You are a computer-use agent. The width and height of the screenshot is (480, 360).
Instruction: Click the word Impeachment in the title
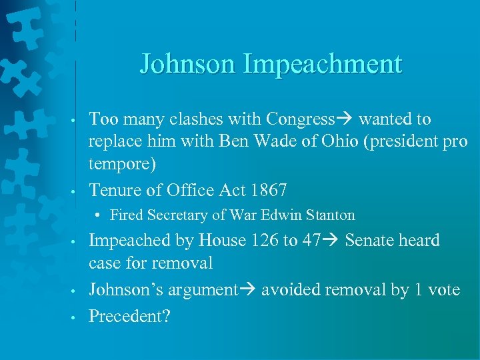pyautogui.click(x=323, y=65)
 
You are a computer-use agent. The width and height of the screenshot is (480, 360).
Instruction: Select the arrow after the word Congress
pyautogui.click(x=345, y=119)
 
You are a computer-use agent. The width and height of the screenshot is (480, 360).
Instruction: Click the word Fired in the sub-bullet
pyautogui.click(x=125, y=215)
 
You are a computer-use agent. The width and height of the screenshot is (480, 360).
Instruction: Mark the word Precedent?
pyautogui.click(x=130, y=315)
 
